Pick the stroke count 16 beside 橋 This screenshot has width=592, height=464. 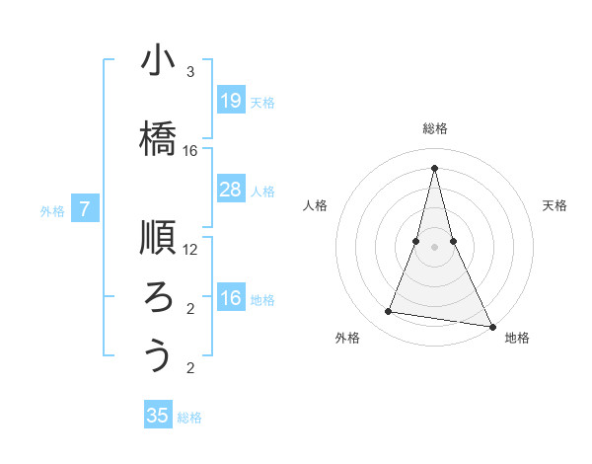(x=190, y=151)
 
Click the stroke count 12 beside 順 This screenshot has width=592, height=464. (x=190, y=249)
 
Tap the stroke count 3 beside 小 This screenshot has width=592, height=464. (x=190, y=72)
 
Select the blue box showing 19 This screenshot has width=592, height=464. (x=230, y=100)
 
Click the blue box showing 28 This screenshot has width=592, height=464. (x=230, y=190)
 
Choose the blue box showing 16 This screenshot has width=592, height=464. (x=230, y=298)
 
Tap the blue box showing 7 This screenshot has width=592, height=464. (x=85, y=208)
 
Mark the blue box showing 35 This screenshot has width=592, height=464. (x=158, y=416)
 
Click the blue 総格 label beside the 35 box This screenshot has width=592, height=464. (x=189, y=418)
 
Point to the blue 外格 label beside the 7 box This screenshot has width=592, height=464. (x=52, y=210)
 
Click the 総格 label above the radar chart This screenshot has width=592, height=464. (x=435, y=128)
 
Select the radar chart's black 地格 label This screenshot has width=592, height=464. (x=517, y=338)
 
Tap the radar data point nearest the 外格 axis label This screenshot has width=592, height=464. (x=389, y=312)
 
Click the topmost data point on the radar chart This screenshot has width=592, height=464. (x=435, y=166)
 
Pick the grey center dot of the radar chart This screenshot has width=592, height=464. (x=435, y=247)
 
